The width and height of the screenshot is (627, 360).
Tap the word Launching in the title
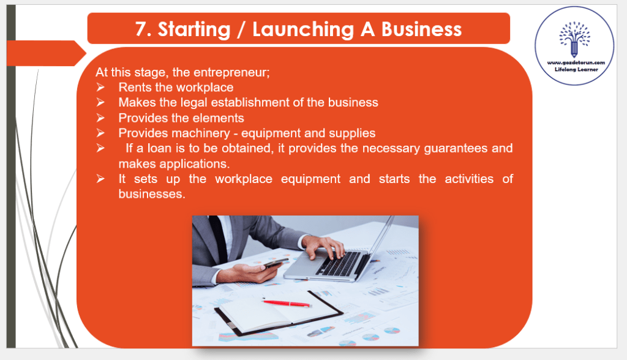303,30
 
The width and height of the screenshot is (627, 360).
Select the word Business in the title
421,29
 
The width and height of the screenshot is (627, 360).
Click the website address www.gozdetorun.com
576,63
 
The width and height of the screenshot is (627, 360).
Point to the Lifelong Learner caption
576,70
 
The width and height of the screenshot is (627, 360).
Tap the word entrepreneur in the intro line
231,73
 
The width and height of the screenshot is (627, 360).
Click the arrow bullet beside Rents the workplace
100,87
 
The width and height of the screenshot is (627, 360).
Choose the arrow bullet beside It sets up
100,179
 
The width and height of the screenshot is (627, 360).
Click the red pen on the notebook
287,303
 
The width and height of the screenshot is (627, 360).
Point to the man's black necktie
219,239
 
